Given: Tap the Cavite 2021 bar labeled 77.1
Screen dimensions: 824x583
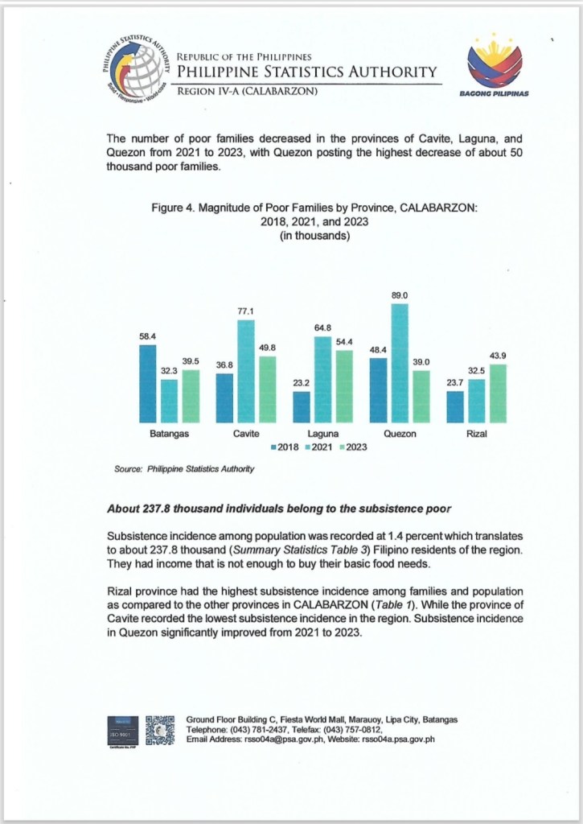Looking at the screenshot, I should tap(245, 371).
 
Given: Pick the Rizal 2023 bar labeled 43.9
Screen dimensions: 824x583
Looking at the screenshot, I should tap(499, 393).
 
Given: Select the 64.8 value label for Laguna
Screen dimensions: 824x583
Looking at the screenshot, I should tap(322, 328).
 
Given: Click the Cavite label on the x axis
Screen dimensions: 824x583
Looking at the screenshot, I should tap(245, 435).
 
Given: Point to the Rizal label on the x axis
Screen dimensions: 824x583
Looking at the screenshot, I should tap(478, 435).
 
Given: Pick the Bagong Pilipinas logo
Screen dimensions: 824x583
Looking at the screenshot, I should tap(494, 70).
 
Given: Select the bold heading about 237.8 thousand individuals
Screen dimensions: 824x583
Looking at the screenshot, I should tap(277, 509).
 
